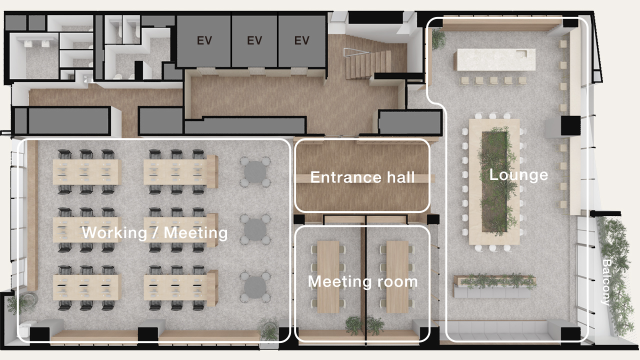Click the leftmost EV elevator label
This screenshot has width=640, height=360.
(x=204, y=40)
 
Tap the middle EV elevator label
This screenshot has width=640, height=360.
(x=254, y=40)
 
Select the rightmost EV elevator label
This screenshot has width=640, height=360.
(x=301, y=40)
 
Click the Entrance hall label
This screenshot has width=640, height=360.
(x=362, y=177)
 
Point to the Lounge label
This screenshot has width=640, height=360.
(x=518, y=174)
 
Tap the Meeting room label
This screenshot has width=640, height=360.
(x=363, y=281)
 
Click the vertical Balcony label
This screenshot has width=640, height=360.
(x=606, y=282)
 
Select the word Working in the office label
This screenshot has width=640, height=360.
(x=114, y=232)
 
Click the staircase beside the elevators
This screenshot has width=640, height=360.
(x=368, y=65)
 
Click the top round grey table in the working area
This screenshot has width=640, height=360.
(x=255, y=172)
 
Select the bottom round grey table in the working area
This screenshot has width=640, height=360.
(x=255, y=287)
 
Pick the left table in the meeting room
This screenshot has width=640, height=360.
(x=328, y=277)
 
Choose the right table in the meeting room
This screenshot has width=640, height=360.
(x=397, y=277)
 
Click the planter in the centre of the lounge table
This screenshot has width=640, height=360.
(x=495, y=181)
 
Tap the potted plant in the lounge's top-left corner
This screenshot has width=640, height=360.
(x=438, y=38)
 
